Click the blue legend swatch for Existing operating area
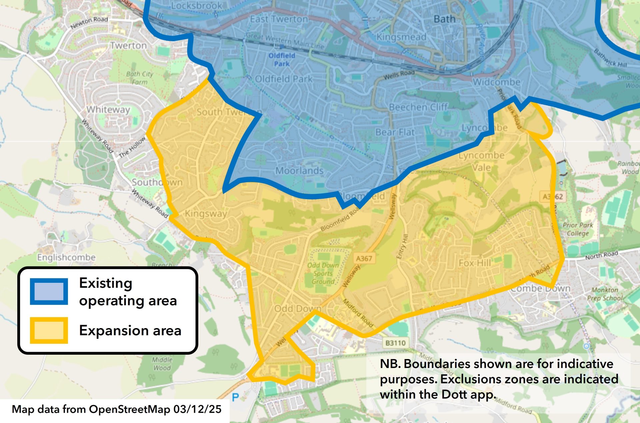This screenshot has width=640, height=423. (x=49, y=291)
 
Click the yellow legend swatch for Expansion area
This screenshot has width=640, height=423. (x=49, y=330)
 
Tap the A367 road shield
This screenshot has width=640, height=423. (x=364, y=258)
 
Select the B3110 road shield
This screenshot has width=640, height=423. (x=395, y=343)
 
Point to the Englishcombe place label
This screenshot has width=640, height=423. (x=66, y=257)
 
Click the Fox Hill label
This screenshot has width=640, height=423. (x=475, y=263)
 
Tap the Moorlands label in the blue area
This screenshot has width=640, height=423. (x=299, y=171)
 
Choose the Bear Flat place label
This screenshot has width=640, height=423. (x=395, y=132)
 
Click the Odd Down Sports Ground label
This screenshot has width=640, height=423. (x=323, y=273)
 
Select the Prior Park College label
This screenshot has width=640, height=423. (x=578, y=229)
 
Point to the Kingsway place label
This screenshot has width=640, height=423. (x=206, y=213)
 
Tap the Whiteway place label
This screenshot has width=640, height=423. (x=108, y=110)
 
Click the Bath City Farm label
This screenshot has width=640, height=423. (x=139, y=78)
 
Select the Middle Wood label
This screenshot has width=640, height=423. (x=162, y=364)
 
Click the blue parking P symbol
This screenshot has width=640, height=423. (x=235, y=397)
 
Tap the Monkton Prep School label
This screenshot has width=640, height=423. (x=605, y=294)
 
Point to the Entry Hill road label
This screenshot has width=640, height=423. (x=402, y=246)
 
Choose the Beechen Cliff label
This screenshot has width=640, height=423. (x=418, y=107)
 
